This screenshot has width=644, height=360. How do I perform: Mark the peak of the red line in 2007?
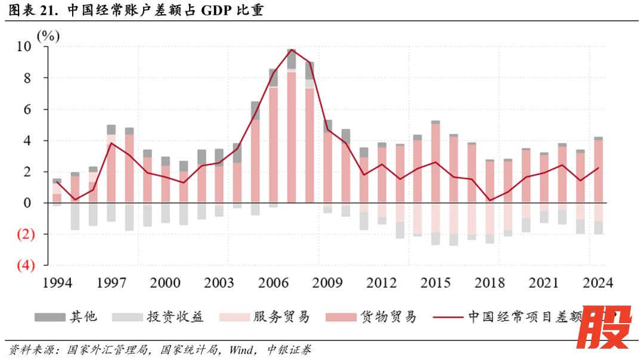292,49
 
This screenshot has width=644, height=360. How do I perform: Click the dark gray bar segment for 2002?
202,157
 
